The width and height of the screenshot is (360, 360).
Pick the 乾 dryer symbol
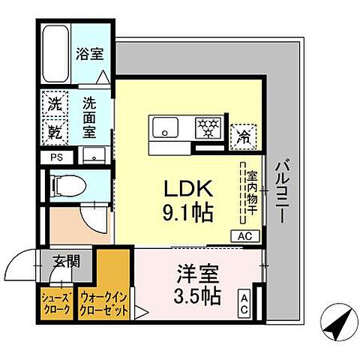coord(55,130)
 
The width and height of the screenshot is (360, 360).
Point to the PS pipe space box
coord(56,157)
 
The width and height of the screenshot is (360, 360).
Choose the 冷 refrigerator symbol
coord(244,136)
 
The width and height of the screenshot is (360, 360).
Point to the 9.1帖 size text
coord(187,212)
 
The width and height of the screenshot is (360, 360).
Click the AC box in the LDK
coord(245,235)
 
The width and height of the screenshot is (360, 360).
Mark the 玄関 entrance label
coord(65,262)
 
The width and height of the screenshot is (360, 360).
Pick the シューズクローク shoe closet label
coord(55,303)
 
